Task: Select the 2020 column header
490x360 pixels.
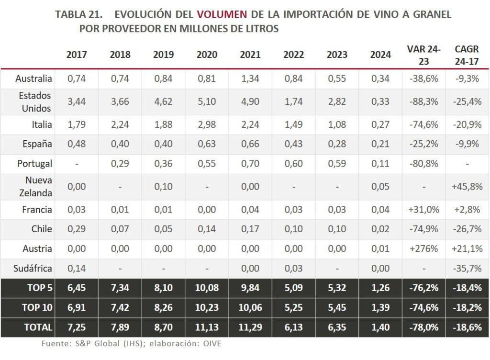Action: [x=207, y=55]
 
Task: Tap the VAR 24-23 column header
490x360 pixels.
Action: [x=423, y=55]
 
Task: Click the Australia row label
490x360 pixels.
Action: [x=33, y=79]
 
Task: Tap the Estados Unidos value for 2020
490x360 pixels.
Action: [x=207, y=101]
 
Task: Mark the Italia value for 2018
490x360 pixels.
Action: [x=120, y=124]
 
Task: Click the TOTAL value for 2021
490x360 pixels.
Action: [x=250, y=327]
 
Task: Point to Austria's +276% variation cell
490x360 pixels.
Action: [x=423, y=249]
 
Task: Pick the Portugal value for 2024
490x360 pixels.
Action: [x=380, y=163]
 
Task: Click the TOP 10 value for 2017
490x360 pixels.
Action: [x=77, y=308]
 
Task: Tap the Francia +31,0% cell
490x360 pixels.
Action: [x=423, y=210]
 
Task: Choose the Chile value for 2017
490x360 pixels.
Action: [x=77, y=229]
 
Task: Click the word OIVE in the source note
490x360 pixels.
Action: [x=212, y=343]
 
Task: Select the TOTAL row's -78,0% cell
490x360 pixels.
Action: [x=423, y=327]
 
